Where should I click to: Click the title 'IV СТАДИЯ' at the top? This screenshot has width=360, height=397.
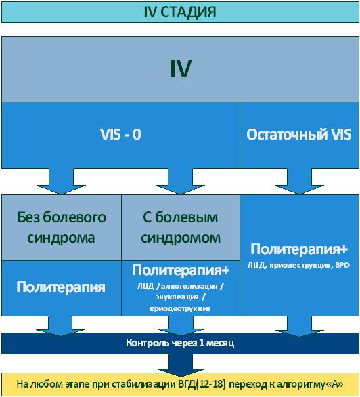click(180, 12)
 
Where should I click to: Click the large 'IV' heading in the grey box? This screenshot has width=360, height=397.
click(180, 68)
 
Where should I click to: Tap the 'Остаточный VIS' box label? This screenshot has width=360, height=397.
click(299, 134)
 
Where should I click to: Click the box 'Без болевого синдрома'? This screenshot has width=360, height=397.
click(61, 228)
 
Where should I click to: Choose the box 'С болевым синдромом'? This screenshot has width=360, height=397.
click(181, 228)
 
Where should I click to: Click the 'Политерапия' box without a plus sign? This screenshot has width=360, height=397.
click(61, 287)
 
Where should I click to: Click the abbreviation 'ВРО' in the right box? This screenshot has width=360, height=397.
click(341, 266)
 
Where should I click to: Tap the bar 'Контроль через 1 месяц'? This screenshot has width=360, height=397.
click(180, 343)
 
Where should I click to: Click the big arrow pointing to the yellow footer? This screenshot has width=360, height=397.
click(180, 364)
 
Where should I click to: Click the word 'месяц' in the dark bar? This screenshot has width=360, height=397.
click(219, 343)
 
